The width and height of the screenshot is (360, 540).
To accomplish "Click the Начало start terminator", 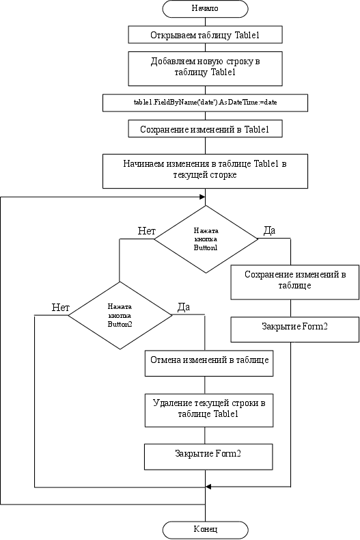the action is coord(205,9).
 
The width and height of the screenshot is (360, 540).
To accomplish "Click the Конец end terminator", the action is coord(205,530).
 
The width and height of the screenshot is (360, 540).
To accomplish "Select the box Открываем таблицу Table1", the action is coord(205,34).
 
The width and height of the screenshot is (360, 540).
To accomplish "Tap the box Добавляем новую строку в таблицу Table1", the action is coord(205,68).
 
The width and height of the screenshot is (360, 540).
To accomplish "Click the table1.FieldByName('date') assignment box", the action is coord(205,103).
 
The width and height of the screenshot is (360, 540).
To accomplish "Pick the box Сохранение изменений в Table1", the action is coord(205,129).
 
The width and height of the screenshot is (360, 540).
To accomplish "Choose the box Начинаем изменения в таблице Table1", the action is coord(205,171).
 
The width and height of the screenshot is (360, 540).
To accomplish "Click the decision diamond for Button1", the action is coord(206,239).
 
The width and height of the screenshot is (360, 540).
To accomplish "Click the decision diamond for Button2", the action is coord(120,316).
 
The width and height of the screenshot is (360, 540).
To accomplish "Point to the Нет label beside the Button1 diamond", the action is coord(147,231).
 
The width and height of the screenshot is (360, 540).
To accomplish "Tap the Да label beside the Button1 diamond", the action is coord(269,230).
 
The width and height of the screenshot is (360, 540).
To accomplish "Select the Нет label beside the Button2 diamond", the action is coord(61,308).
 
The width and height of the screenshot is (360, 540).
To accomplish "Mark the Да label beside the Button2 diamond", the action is coord(184,307).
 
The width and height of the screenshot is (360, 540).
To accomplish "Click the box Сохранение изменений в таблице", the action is coord(295,282).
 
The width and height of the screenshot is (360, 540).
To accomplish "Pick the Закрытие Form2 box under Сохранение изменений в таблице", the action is coord(295,329).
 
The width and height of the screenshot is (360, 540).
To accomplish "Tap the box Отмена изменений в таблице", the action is coord(209,364).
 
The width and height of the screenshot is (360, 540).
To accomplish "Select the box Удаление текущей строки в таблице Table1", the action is coord(209,411).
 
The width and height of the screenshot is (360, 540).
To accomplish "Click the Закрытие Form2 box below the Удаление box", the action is coord(208,457).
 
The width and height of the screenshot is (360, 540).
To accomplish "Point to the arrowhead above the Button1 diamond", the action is coord(202,197).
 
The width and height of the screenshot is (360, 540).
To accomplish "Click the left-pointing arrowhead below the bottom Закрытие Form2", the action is coord(208,487).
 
